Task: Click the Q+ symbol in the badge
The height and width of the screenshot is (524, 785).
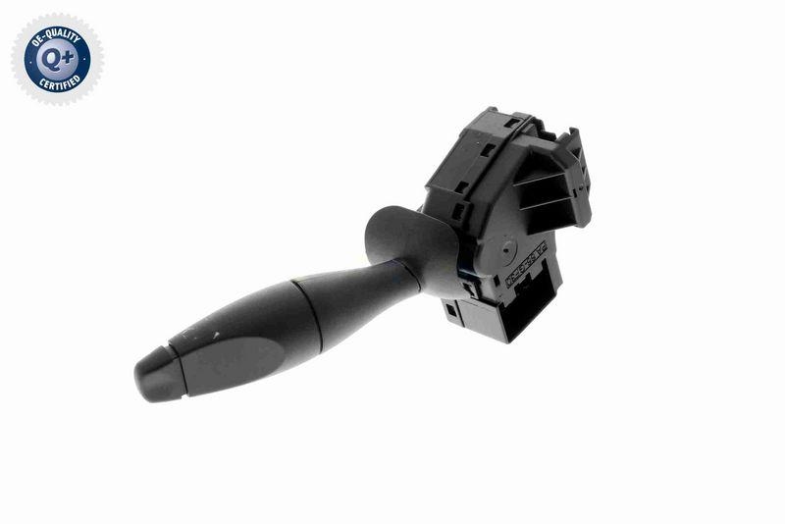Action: pos(56,58)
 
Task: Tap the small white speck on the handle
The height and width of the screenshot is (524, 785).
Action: pos(213,335)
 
